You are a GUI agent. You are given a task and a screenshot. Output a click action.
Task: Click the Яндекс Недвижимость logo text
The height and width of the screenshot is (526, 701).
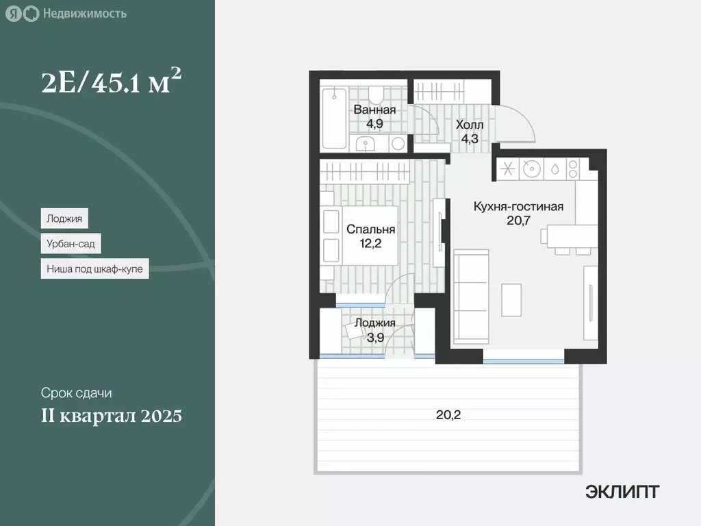tap(84, 14)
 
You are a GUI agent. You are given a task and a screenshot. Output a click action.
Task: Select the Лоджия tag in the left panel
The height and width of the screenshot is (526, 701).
tap(64, 219)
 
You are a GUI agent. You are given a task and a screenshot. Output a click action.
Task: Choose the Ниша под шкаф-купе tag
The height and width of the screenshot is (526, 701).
tap(94, 269)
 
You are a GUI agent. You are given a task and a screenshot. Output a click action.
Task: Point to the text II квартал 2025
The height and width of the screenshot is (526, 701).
tap(111, 416)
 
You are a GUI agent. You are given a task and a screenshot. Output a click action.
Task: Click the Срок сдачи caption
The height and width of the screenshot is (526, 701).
tap(76, 393)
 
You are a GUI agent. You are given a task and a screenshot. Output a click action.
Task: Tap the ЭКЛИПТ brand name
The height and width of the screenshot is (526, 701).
tap(622, 491)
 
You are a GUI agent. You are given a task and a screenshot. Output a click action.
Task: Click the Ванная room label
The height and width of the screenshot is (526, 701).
tap(374, 110)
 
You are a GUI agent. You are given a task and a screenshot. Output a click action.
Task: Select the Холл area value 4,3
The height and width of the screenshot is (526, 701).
tap(469, 138)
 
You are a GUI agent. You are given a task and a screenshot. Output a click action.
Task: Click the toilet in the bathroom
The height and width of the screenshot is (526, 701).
tap(377, 92)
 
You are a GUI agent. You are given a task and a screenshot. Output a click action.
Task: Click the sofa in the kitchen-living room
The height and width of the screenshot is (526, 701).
tap(471, 296)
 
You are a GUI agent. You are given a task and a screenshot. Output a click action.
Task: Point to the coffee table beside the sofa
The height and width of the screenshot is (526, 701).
tap(511, 300)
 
